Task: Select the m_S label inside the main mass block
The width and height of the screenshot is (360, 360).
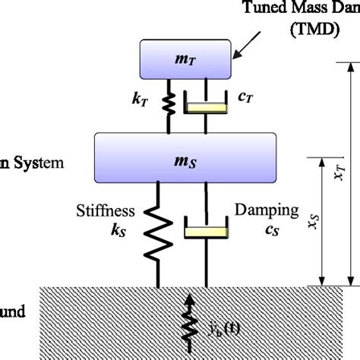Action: pyautogui.click(x=181, y=155)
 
